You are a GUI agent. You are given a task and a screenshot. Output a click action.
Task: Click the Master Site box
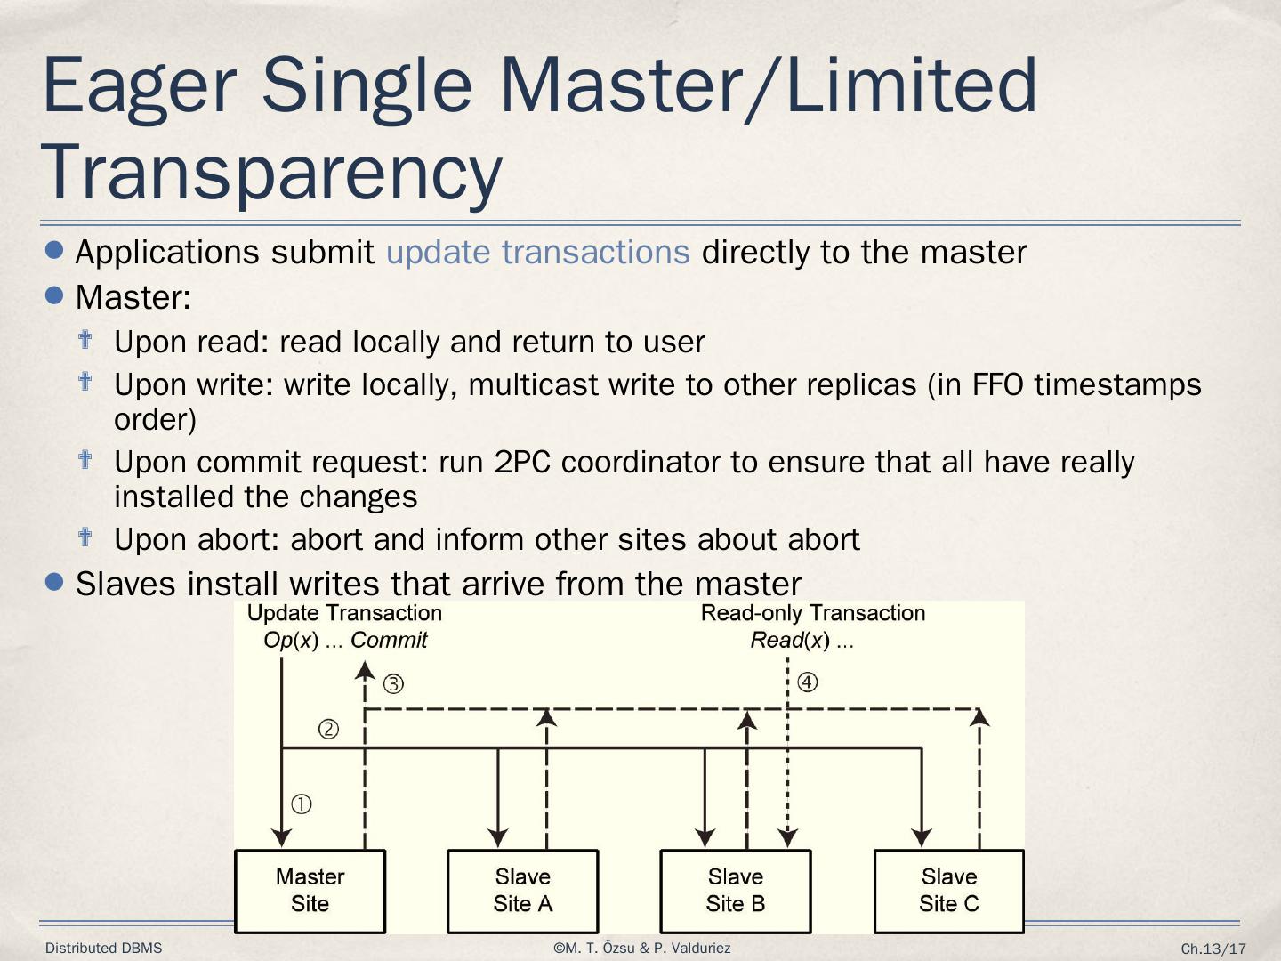pos(310,891)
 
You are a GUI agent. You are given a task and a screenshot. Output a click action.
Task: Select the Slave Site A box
pos(522,891)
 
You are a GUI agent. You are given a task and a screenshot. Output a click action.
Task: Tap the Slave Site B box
pos(735,891)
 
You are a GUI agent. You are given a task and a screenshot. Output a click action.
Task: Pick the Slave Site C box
pos(948,891)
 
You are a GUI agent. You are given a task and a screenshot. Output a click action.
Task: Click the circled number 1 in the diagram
pos(302,804)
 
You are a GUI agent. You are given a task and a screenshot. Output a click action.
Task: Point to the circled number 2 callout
pos(328,730)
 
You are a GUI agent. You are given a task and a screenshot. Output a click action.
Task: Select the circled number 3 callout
pos(393,684)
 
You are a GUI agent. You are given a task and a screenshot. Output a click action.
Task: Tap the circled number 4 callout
pos(807,682)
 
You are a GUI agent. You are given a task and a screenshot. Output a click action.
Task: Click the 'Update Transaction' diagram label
pos(344,613)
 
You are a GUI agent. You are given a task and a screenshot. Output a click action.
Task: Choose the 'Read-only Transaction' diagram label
pos(812,613)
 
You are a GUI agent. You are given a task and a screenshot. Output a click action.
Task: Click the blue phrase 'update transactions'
pos(537,253)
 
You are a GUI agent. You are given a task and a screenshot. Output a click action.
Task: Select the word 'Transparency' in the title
pos(271,173)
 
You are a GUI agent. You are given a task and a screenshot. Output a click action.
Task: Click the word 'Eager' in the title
pos(139,85)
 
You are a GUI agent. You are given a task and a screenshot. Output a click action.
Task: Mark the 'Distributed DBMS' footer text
pos(104,949)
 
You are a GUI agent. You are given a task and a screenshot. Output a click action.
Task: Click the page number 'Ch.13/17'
pos(1213,949)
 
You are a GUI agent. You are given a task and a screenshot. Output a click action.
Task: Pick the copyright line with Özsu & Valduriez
pos(641,949)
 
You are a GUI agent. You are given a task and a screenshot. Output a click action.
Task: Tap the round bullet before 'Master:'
pos(54,295)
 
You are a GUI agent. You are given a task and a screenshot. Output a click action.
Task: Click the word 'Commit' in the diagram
pos(389,641)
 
